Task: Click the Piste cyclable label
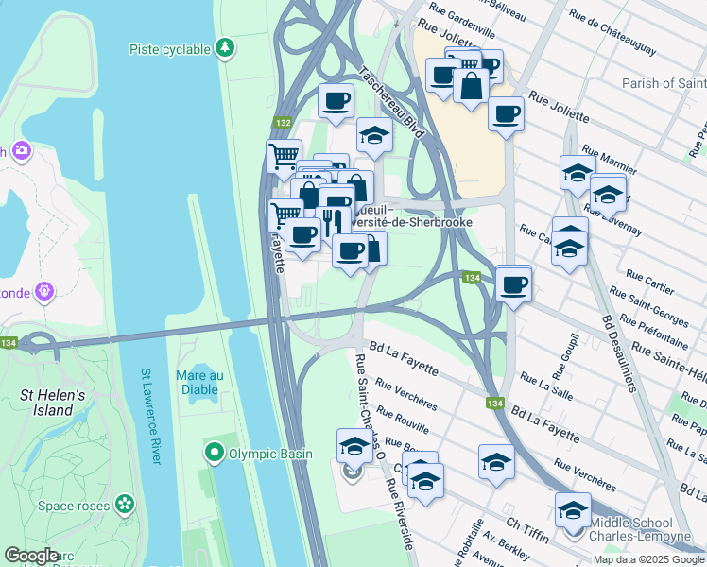[x=171, y=47]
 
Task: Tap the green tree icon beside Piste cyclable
[x=224, y=47]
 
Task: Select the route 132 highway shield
[x=283, y=123]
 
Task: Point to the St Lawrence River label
[x=150, y=416]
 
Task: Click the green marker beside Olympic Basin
[x=215, y=454]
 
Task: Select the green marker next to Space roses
[x=124, y=506]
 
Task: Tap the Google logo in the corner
[x=30, y=556]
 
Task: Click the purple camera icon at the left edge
[x=22, y=151]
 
